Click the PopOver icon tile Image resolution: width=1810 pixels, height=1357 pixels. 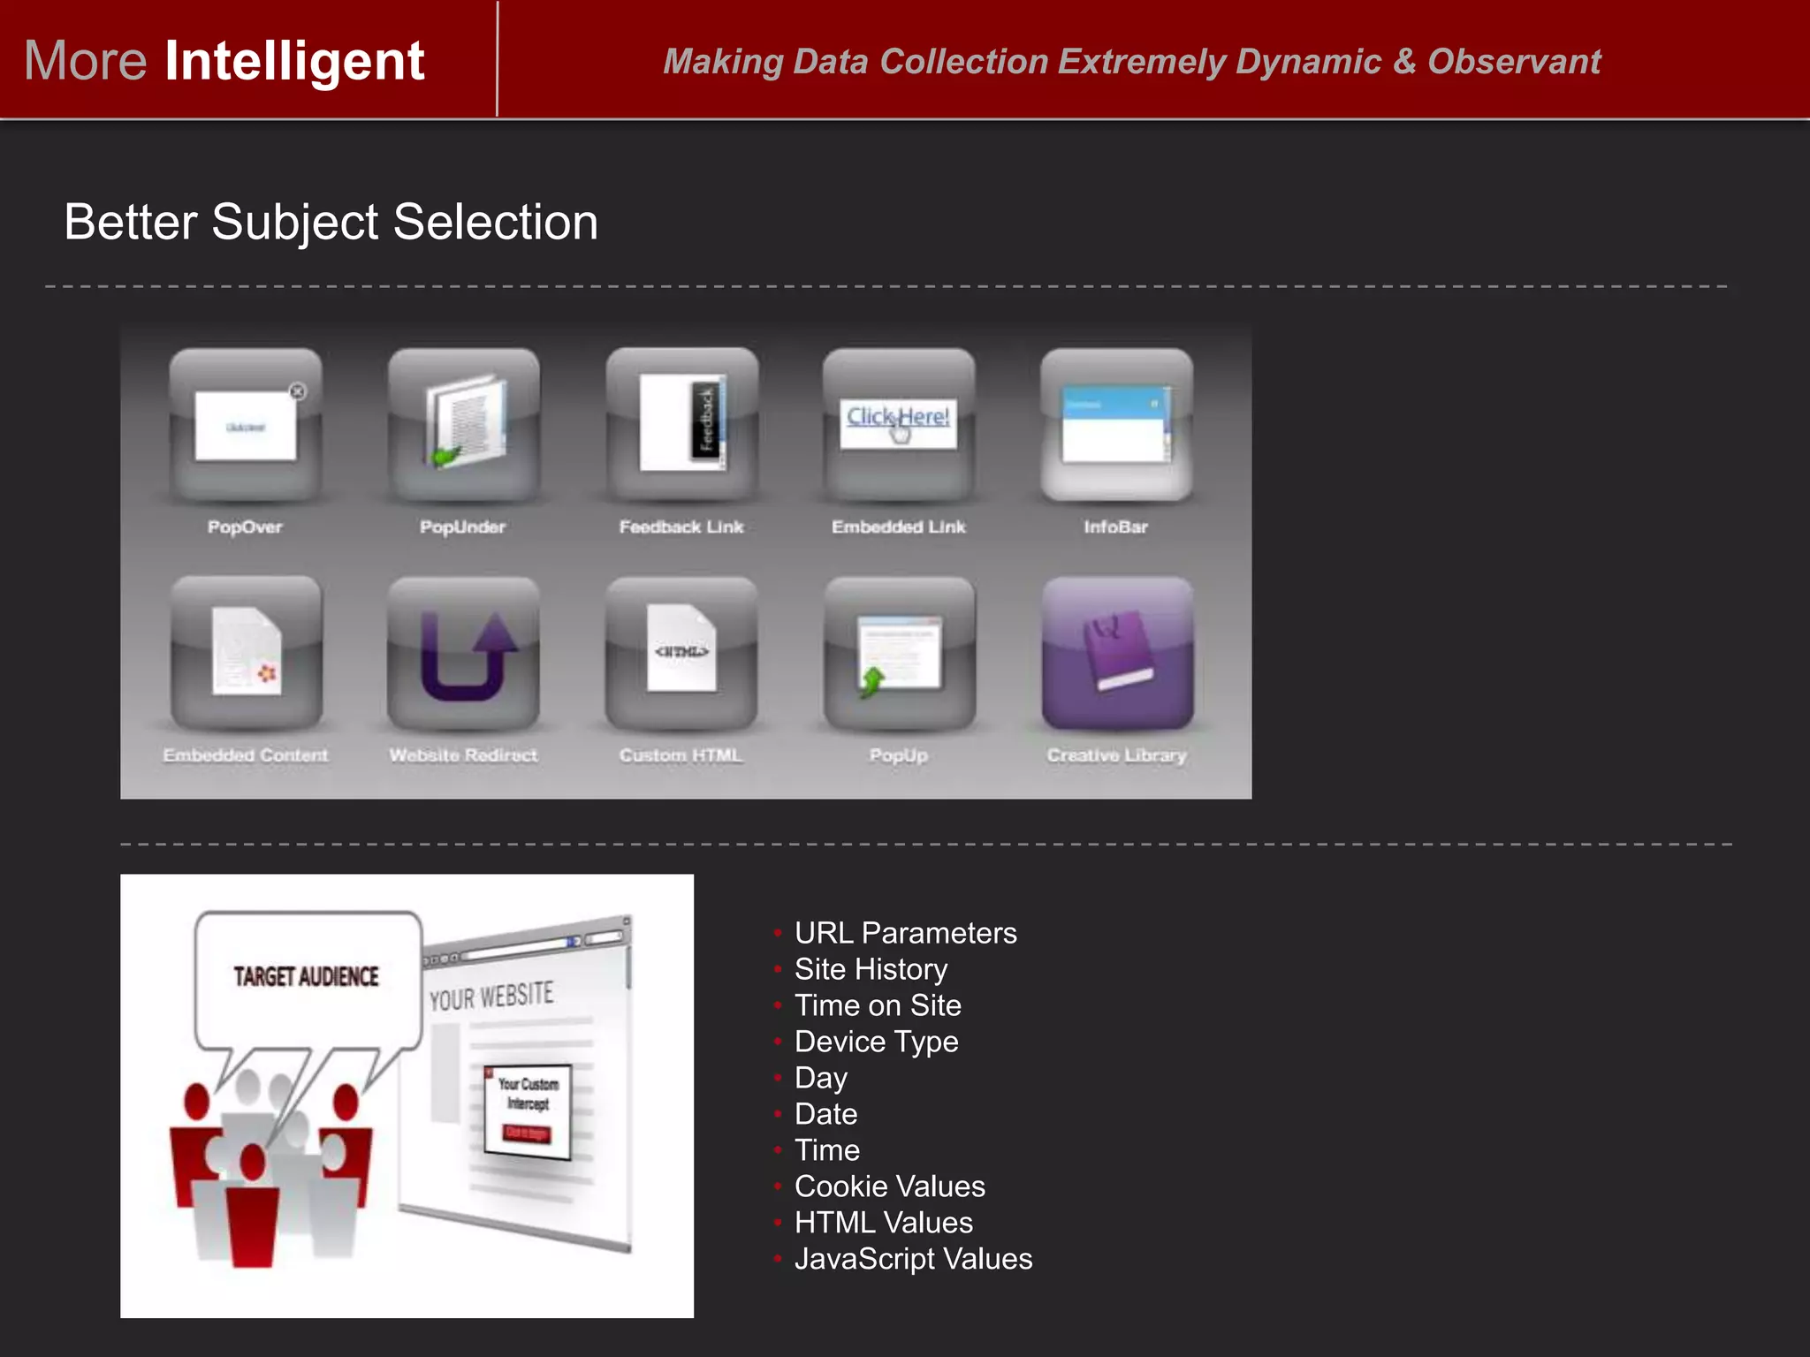[246, 424]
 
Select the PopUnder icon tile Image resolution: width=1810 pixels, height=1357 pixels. [463, 424]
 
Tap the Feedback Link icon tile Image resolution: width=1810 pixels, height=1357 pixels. [681, 424]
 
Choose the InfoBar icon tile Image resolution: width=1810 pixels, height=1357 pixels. [1116, 424]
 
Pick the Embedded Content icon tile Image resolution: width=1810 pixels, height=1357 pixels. [246, 652]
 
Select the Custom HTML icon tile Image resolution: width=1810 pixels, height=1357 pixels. [681, 652]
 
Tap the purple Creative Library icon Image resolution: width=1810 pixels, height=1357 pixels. [1117, 652]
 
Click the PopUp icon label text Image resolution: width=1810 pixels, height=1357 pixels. [899, 755]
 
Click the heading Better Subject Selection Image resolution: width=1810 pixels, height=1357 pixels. [331, 222]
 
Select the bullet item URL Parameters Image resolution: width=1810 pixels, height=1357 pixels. [905, 933]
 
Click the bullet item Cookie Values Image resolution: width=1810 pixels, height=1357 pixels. [889, 1186]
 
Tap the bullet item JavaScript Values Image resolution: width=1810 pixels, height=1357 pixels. [913, 1259]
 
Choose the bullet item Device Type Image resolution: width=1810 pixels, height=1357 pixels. [876, 1042]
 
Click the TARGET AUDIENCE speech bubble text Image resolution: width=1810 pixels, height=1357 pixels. [306, 976]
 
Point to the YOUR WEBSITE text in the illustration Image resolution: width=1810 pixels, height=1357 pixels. [491, 997]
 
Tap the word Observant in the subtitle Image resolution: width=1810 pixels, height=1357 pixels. [1514, 62]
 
